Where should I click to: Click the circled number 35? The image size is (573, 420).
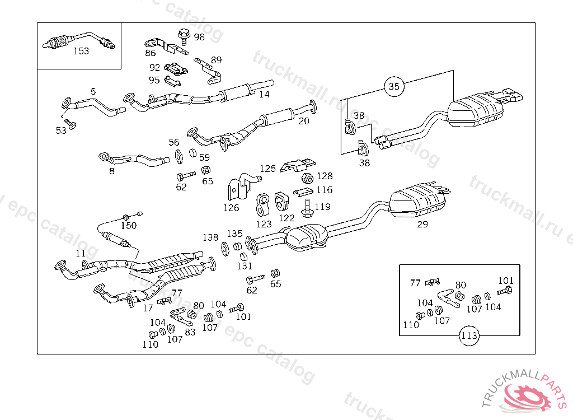(394, 86)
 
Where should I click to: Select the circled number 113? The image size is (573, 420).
(469, 337)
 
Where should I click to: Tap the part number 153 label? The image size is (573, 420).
(81, 51)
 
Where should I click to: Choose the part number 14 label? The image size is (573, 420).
(264, 94)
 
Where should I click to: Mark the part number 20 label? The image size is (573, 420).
(304, 120)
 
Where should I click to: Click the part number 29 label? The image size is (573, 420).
(422, 225)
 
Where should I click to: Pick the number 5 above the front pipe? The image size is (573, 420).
(93, 91)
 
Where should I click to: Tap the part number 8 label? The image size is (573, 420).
(112, 171)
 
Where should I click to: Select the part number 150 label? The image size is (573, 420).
(129, 226)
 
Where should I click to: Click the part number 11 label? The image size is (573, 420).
(81, 253)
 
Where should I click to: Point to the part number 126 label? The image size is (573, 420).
(231, 208)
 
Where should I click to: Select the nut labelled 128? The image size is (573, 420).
(306, 178)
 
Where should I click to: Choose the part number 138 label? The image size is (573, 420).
(210, 237)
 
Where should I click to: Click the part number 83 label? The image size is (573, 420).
(190, 332)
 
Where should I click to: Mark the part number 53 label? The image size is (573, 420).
(61, 130)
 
